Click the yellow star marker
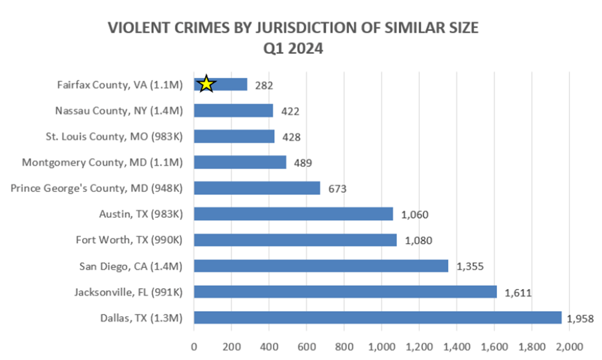(x=206, y=84)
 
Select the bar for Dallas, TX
(x=377, y=317)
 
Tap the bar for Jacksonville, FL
(x=345, y=291)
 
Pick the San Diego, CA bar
(x=320, y=266)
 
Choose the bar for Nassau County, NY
(x=233, y=111)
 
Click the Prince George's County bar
(x=257, y=188)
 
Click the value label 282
(x=264, y=85)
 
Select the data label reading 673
(x=337, y=189)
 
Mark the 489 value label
(x=303, y=163)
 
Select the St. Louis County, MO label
(x=115, y=136)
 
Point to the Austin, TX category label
(x=141, y=214)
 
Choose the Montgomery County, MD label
(x=102, y=162)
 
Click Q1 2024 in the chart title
(x=293, y=49)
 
